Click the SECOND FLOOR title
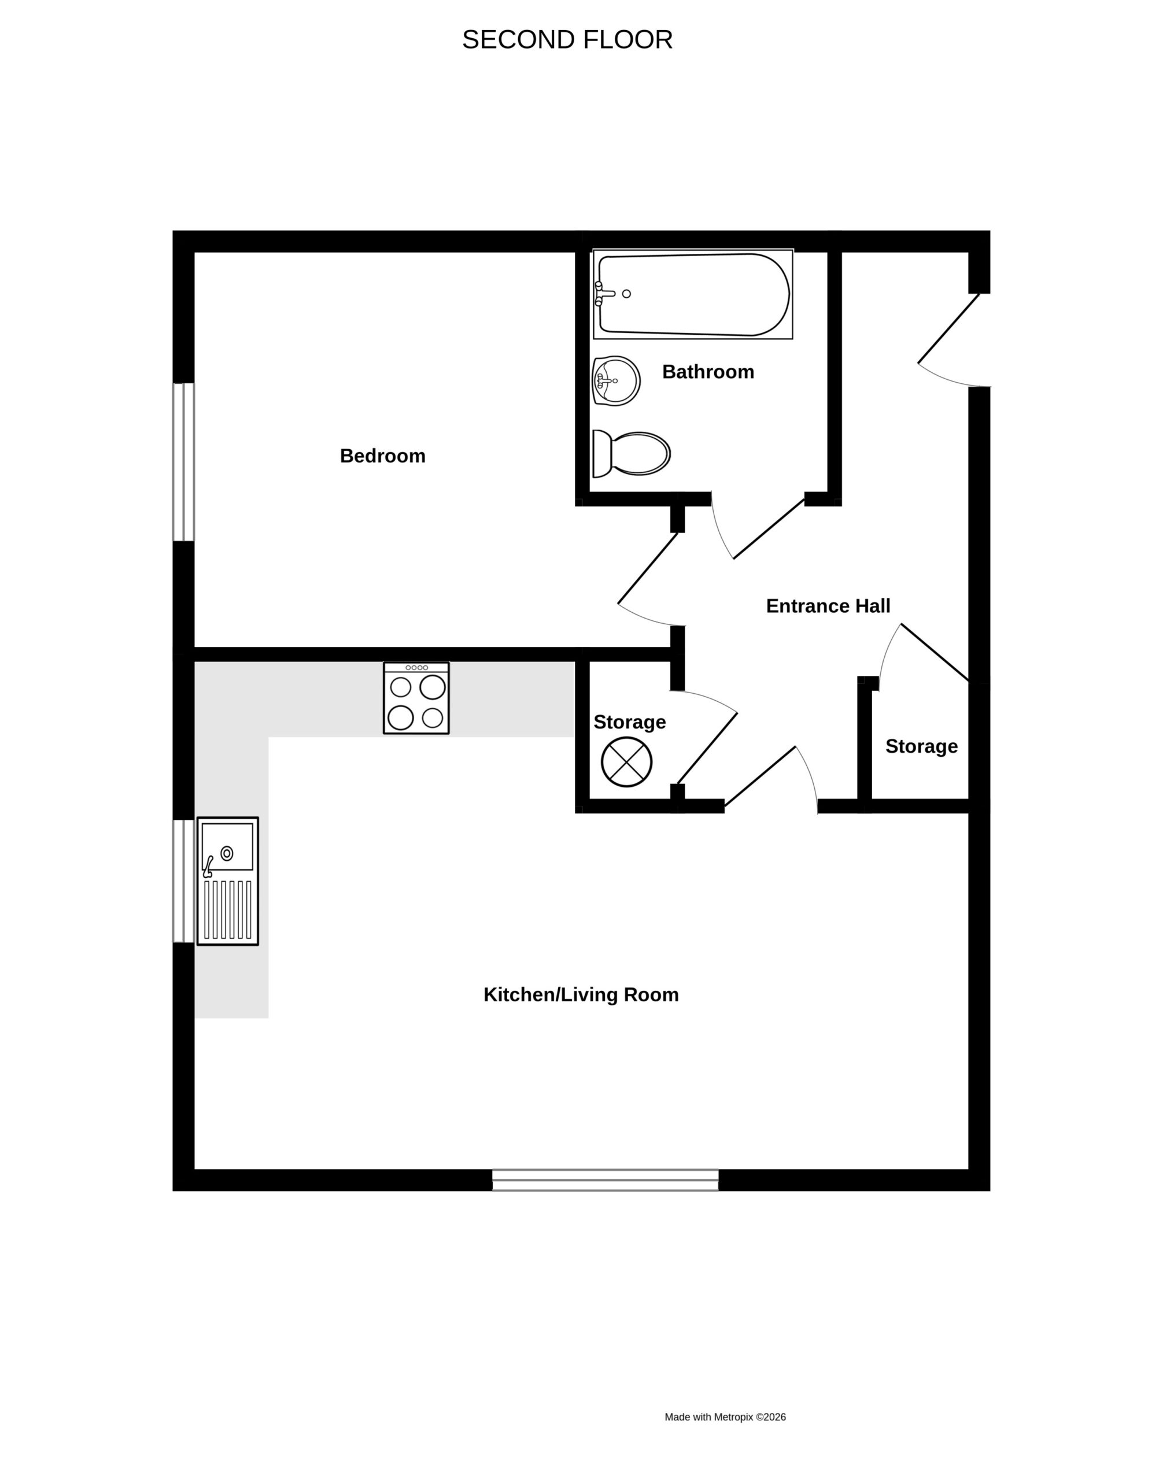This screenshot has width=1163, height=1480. click(x=567, y=40)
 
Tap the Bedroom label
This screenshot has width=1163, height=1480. click(x=383, y=456)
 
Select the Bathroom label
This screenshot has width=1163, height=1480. click(x=708, y=372)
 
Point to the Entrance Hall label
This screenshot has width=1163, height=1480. click(x=828, y=606)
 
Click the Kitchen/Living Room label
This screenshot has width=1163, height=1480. click(x=581, y=994)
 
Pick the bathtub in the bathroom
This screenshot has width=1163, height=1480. click(x=693, y=294)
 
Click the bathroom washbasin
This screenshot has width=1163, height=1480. click(x=616, y=380)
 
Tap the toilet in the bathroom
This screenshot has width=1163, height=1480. click(x=631, y=453)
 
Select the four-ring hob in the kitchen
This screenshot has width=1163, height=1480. click(x=416, y=698)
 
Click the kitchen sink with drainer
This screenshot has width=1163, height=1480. click(x=227, y=881)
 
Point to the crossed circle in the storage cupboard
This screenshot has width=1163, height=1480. click(x=626, y=762)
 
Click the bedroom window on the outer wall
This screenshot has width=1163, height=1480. click(x=184, y=462)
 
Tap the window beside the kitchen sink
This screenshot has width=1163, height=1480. click(x=184, y=881)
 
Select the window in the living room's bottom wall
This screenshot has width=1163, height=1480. click(x=606, y=1180)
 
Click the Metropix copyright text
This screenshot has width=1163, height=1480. click(x=725, y=1416)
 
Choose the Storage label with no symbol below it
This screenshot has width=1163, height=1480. click(x=921, y=746)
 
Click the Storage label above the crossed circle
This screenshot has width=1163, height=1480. click(x=629, y=721)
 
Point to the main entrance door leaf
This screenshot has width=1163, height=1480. click(x=948, y=328)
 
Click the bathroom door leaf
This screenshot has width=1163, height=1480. click(x=769, y=529)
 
